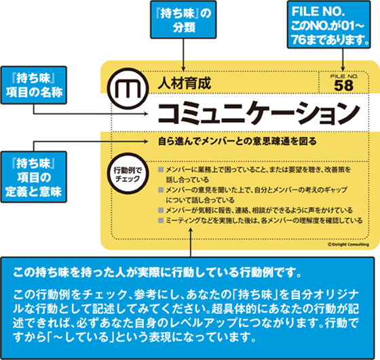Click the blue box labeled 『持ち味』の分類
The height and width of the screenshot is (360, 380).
(183, 20)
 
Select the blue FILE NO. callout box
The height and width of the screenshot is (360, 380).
(329, 24)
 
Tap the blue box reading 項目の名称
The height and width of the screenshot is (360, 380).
(34, 85)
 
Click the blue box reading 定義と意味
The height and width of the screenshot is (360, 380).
(34, 177)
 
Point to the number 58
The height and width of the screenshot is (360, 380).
(343, 85)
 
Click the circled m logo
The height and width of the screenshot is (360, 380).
(128, 89)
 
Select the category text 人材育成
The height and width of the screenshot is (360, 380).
(184, 83)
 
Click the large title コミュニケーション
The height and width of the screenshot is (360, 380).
(259, 113)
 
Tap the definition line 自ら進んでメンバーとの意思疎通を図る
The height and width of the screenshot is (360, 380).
(237, 141)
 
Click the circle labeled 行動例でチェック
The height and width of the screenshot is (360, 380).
(128, 174)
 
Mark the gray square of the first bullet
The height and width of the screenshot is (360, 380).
(161, 169)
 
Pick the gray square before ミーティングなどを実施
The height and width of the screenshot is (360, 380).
(161, 220)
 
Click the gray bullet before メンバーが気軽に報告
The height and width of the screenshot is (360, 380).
(161, 210)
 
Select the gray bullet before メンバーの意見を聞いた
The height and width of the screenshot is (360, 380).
(161, 190)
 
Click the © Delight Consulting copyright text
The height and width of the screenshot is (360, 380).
(348, 245)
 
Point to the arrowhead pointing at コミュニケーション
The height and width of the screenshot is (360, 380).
(146, 113)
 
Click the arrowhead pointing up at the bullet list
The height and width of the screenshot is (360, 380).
(191, 230)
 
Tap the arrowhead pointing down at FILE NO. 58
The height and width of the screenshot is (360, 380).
(343, 68)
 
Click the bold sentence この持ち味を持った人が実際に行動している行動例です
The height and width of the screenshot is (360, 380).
(157, 273)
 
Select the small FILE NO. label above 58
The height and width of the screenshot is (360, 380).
(344, 77)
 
